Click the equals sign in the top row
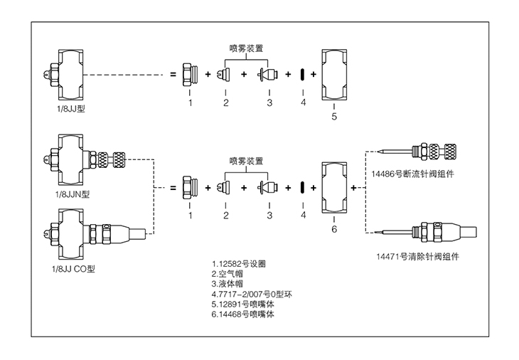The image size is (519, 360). pyautogui.click(x=172, y=74)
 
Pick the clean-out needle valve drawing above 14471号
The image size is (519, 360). pyautogui.click(x=427, y=232)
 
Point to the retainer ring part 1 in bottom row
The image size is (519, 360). pyautogui.click(x=190, y=188)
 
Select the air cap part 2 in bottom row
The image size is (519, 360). pyautogui.click(x=225, y=188)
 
